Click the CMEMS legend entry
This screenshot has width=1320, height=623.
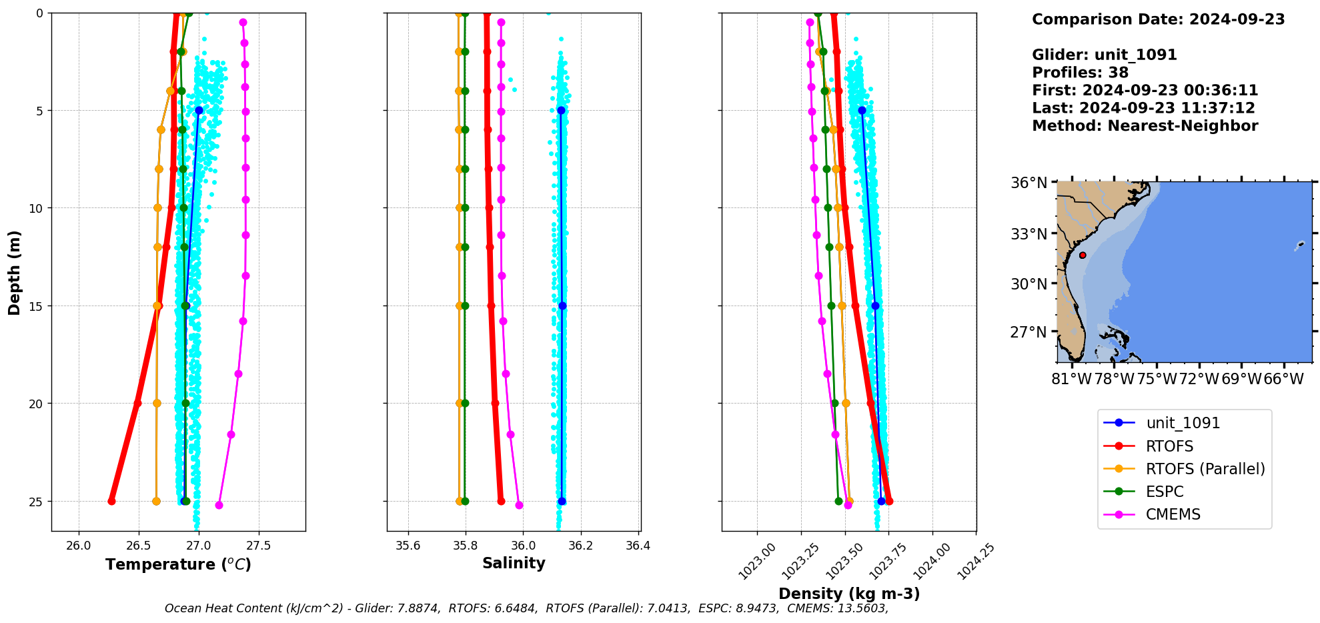(1173, 514)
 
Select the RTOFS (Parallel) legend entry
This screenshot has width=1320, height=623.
(1205, 469)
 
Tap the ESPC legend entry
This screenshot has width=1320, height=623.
(1165, 492)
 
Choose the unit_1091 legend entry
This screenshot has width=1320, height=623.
(1183, 423)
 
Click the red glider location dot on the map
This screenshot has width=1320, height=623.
(1083, 255)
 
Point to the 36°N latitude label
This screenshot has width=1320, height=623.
(1029, 183)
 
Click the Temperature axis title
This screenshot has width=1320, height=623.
(178, 564)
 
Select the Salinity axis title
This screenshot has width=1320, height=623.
(514, 563)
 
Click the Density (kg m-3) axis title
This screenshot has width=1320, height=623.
(849, 594)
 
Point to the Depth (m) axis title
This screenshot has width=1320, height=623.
(15, 272)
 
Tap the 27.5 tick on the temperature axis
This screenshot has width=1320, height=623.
(258, 546)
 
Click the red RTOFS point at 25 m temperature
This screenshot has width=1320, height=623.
(111, 501)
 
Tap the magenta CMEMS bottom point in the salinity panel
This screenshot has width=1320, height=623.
(519, 505)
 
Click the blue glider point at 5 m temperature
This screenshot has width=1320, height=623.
(199, 110)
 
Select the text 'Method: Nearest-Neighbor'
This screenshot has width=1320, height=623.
(1145, 125)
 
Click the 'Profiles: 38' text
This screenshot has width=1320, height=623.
(1080, 73)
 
